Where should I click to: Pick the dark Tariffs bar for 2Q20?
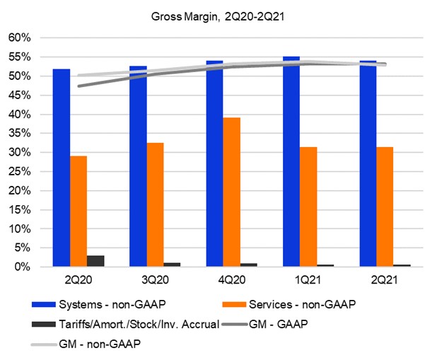pyautogui.click(x=96, y=261)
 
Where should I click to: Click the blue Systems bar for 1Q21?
pyautogui.click(x=291, y=162)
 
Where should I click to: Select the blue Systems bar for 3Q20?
pyautogui.click(x=138, y=166)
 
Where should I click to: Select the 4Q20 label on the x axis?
pyautogui.click(x=232, y=280)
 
